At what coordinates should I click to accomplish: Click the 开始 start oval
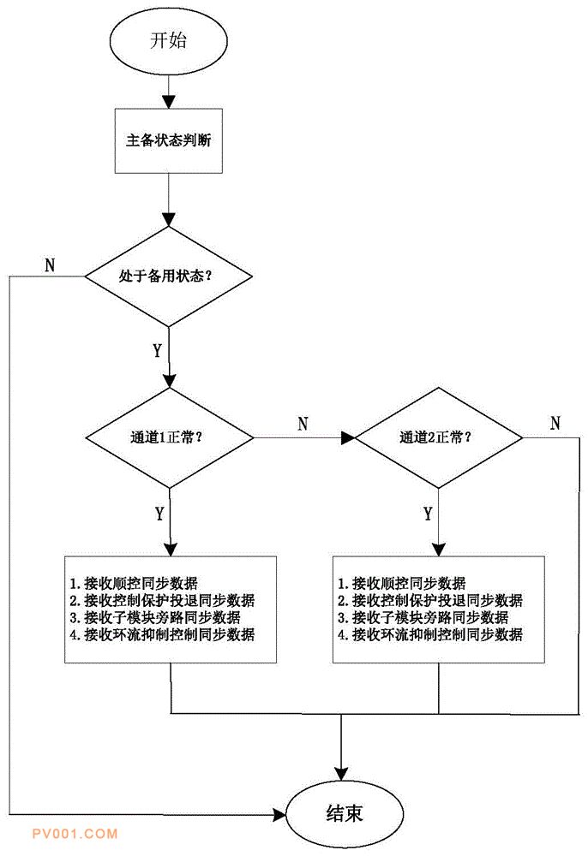point(168,41)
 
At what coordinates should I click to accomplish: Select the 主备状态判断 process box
point(168,141)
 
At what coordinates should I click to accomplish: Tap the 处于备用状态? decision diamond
point(168,276)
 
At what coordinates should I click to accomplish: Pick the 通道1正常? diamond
point(170,437)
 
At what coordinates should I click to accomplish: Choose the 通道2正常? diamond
point(438,437)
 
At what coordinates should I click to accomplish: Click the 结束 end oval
point(345,813)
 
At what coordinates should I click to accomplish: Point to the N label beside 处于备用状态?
point(50,265)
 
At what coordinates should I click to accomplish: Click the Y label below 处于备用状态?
point(158,350)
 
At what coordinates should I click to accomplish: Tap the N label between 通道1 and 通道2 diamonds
point(303,424)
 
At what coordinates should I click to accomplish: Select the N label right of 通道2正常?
point(555,423)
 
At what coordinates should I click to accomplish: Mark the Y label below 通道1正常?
point(159,514)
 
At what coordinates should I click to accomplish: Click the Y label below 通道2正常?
point(428,514)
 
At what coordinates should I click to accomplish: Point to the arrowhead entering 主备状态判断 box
point(169,102)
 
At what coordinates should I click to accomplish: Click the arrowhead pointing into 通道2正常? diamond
point(348,437)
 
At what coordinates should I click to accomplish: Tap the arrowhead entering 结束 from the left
point(279,815)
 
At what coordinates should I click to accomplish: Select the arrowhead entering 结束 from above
point(341,774)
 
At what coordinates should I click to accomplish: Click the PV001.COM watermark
point(75,834)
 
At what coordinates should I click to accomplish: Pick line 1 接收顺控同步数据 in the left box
point(134,583)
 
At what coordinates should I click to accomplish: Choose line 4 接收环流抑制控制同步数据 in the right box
point(430,634)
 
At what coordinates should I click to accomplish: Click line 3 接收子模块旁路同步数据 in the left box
point(154,617)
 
